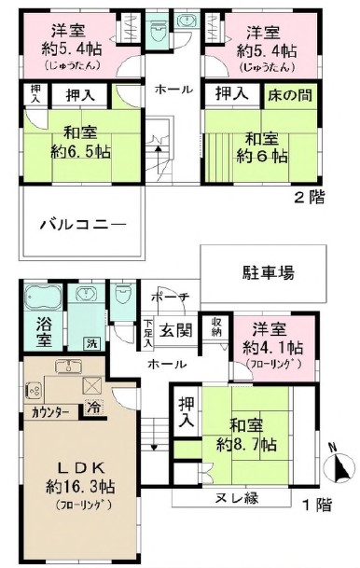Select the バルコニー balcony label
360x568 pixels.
pyautogui.click(x=82, y=225)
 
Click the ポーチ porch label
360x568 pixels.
pyautogui.click(x=171, y=298)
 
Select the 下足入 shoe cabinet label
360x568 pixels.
pyautogui.click(x=149, y=333)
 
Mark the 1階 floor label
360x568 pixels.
pyautogui.click(x=315, y=506)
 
